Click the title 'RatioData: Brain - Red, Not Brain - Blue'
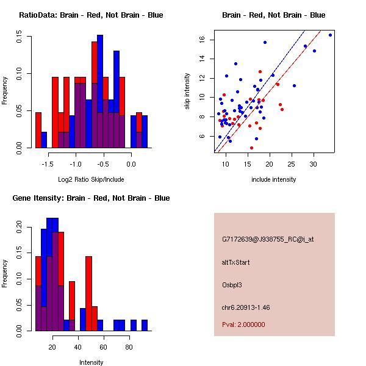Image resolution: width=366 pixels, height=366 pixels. click(x=91, y=15)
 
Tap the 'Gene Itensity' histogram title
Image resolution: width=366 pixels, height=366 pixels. click(x=91, y=198)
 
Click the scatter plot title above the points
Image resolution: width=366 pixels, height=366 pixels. click(x=273, y=15)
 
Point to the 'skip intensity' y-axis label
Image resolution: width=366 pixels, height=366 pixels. click(x=188, y=91)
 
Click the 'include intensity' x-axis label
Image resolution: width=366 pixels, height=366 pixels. click(x=273, y=180)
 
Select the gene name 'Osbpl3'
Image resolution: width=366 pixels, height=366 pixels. click(x=232, y=284)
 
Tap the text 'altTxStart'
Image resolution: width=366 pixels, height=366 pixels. click(x=236, y=262)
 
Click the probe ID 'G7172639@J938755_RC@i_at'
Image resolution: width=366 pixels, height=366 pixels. click(x=268, y=240)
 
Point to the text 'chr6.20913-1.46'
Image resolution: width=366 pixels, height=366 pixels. click(x=245, y=307)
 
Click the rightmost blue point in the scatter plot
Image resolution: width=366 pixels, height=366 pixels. click(x=330, y=35)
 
